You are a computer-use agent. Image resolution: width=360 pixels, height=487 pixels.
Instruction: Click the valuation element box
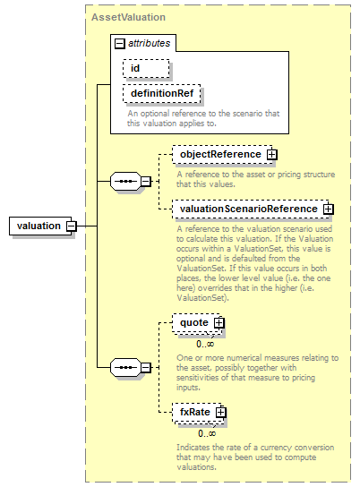40,226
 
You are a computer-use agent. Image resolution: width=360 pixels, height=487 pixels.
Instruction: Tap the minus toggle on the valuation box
72,226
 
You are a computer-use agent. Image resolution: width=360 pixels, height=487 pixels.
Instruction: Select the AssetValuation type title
128,17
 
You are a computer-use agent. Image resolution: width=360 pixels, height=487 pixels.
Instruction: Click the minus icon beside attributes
120,44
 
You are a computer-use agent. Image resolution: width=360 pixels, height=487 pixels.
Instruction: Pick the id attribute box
146,68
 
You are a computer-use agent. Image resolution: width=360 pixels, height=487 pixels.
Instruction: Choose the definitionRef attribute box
161,93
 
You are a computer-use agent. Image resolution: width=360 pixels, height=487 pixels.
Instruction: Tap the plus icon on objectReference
271,155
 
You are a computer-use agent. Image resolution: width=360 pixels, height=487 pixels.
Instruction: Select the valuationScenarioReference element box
251,209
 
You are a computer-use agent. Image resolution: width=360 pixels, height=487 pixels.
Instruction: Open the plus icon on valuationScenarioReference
329,209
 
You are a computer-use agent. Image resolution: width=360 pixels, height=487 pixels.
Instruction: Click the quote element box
197,323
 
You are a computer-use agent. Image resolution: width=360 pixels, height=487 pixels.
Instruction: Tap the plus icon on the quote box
219,323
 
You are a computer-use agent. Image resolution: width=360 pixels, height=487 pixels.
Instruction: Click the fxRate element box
198,413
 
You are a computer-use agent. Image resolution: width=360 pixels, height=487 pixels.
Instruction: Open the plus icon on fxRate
220,413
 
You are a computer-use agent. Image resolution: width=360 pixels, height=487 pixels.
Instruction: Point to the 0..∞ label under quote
205,344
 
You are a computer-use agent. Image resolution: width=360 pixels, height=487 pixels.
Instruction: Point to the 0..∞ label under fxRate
207,433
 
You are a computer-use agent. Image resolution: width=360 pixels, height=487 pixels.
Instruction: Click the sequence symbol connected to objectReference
125,181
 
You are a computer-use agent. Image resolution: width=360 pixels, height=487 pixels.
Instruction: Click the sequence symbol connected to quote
125,368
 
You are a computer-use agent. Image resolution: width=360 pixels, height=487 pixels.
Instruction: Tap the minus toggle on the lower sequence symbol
146,368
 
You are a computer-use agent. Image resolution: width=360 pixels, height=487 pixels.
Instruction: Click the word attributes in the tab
149,43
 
